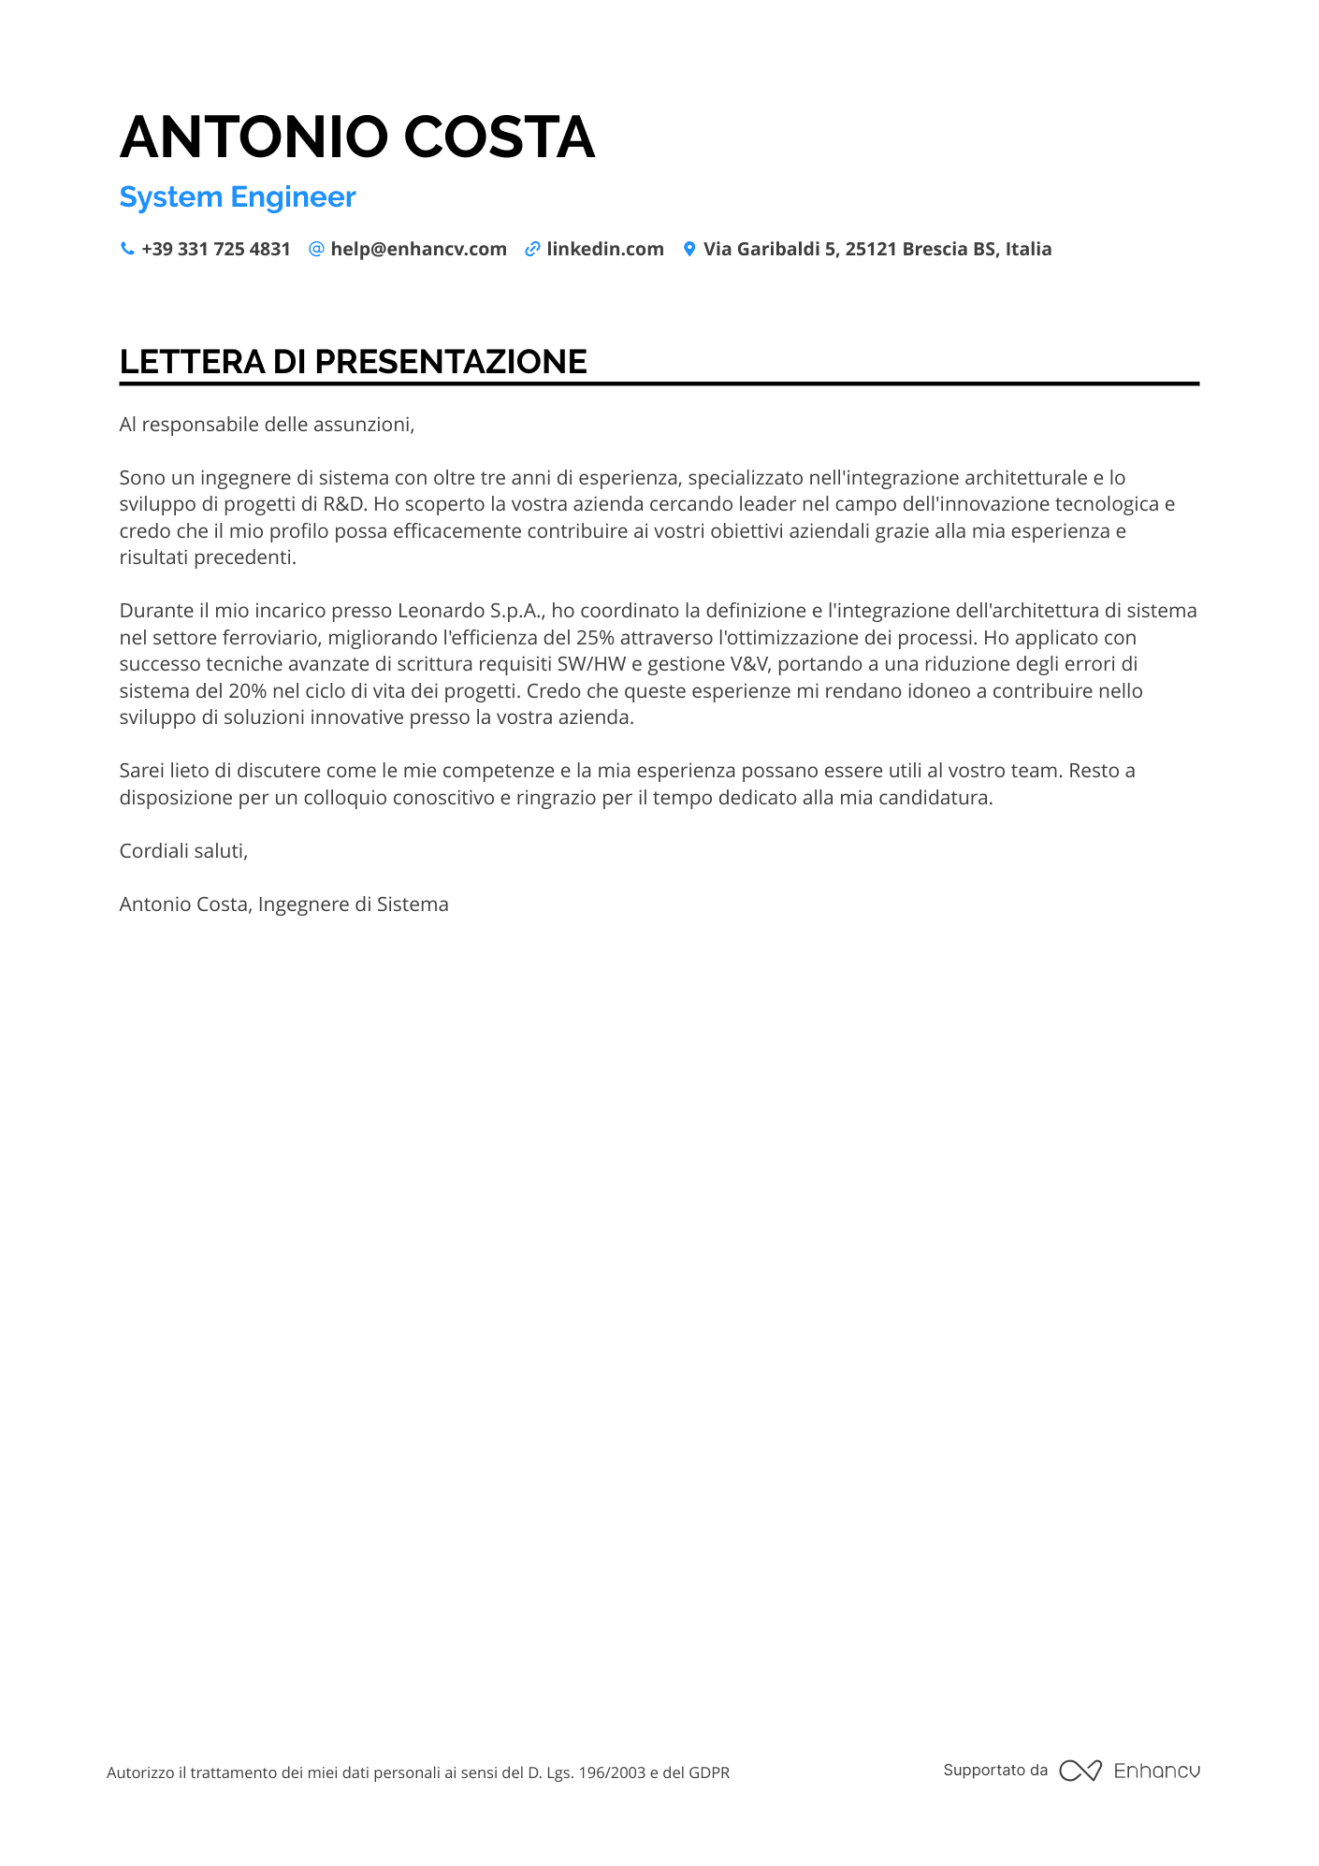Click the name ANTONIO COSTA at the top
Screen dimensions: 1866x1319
click(x=356, y=137)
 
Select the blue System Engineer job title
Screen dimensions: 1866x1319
click(x=238, y=197)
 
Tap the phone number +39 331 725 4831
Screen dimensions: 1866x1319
click(x=215, y=249)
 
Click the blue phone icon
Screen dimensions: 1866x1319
click(x=127, y=249)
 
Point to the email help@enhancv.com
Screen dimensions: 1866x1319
click(x=418, y=249)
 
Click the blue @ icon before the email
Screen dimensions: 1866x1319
click(x=316, y=249)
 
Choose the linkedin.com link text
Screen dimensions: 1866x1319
click(x=604, y=249)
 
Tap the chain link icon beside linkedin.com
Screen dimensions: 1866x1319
click(x=532, y=249)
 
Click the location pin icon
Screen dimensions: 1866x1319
click(x=689, y=249)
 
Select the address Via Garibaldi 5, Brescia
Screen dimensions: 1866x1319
click(x=877, y=249)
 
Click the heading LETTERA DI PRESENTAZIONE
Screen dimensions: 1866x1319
click(x=353, y=362)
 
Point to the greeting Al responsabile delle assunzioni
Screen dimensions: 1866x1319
click(x=267, y=425)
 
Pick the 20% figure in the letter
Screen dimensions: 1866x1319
click(x=247, y=691)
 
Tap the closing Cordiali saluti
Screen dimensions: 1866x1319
click(x=183, y=851)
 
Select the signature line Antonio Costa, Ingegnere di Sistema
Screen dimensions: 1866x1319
click(x=283, y=904)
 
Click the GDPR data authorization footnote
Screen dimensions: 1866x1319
click(x=417, y=1772)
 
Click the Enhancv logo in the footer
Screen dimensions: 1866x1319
click(x=1129, y=1771)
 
